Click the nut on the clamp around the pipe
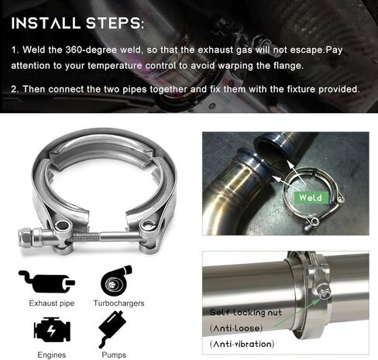pos(320,293)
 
